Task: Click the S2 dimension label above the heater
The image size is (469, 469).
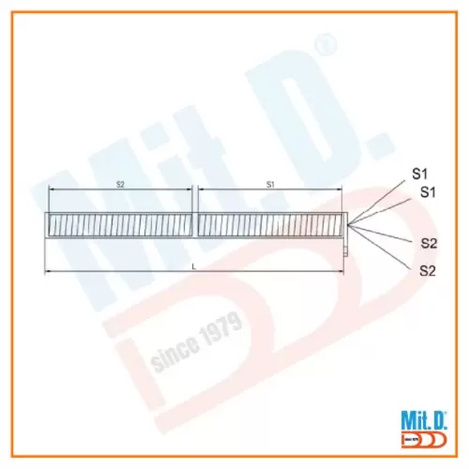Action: (x=120, y=185)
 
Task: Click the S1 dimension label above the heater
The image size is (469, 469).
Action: (x=270, y=185)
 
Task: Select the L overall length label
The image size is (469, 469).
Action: (x=194, y=267)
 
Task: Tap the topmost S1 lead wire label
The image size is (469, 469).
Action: (x=420, y=174)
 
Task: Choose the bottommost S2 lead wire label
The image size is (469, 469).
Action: (x=428, y=270)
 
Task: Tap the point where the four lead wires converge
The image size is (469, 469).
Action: (x=349, y=225)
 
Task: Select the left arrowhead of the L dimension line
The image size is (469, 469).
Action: (x=49, y=273)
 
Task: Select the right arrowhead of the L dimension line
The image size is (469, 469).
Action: (x=343, y=273)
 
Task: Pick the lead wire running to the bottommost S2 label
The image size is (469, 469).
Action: (x=385, y=249)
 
